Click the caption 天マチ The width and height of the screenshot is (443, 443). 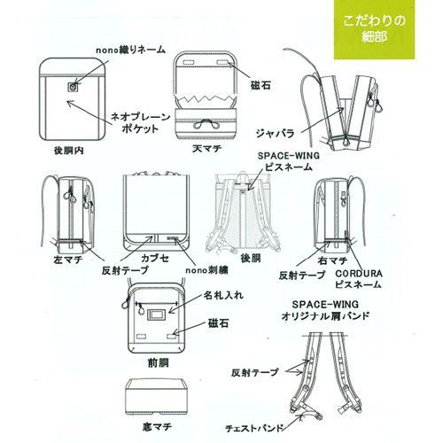pyautogui.click(x=205, y=150)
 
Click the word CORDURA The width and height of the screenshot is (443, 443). pyautogui.click(x=359, y=275)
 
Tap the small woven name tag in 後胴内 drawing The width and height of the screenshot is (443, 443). pyautogui.click(x=72, y=87)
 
